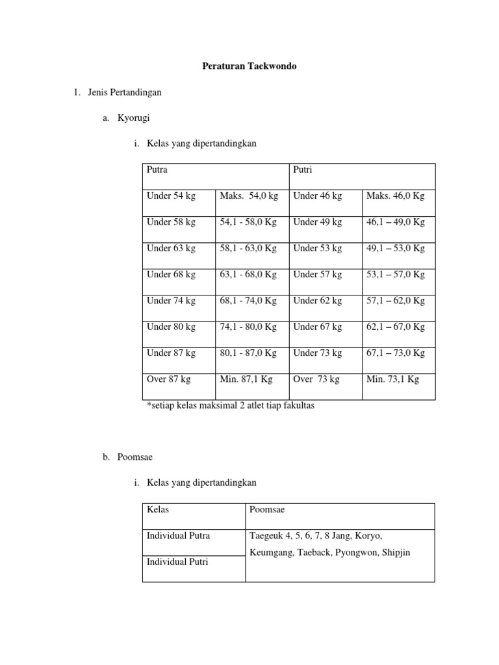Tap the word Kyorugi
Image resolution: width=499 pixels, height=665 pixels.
(x=134, y=118)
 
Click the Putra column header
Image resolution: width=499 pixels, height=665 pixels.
(x=158, y=169)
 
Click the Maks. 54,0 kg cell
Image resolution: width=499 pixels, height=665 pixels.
(x=249, y=196)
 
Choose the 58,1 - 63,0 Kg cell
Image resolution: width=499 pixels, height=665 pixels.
(x=248, y=248)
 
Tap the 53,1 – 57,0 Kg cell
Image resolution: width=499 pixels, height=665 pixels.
(x=396, y=275)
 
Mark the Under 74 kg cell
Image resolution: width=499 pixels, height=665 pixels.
(x=171, y=301)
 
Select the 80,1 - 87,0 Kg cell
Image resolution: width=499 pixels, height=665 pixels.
(x=248, y=353)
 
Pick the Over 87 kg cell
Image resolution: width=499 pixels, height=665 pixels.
(x=170, y=379)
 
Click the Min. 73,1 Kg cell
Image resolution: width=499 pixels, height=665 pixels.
(x=392, y=379)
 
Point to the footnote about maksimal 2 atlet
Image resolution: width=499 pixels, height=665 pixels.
(x=226, y=406)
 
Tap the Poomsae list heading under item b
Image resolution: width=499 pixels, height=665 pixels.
(x=135, y=457)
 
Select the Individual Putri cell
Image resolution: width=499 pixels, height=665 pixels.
(x=177, y=562)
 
